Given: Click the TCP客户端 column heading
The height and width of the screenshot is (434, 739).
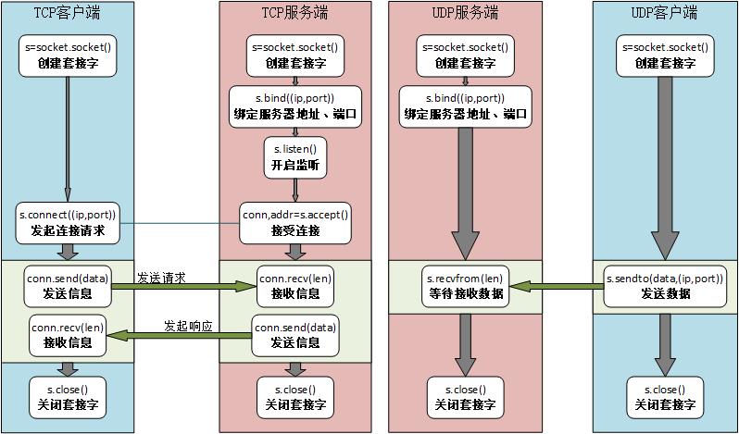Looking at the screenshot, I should (x=68, y=12).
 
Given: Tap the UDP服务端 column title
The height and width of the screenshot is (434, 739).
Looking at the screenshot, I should (x=467, y=12).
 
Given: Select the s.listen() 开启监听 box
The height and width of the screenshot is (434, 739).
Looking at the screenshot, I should (x=295, y=157).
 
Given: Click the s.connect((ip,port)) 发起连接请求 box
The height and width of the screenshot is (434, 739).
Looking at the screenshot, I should (x=68, y=222).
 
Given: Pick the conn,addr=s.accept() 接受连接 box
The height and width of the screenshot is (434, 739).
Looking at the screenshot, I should (x=295, y=222).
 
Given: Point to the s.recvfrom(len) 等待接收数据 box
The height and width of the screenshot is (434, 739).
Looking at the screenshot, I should (x=465, y=287).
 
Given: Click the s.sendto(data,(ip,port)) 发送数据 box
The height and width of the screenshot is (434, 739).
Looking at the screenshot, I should (x=664, y=287).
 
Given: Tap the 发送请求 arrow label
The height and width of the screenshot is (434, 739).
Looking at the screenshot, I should (x=161, y=277).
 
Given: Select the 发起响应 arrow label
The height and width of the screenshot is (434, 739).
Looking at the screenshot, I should (x=189, y=326).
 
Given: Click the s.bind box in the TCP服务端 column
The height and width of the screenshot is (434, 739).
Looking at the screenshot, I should (x=295, y=107).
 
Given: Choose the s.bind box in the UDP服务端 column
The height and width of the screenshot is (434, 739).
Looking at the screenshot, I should (x=466, y=107).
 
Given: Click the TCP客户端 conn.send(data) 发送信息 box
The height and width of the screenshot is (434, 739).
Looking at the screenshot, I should (x=68, y=287).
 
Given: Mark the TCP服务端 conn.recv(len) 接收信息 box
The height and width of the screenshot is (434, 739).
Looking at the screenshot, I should (x=295, y=287).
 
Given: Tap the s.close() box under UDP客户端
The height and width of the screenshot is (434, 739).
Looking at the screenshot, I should (x=664, y=397).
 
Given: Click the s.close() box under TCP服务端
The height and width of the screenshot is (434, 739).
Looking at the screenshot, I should (x=295, y=397).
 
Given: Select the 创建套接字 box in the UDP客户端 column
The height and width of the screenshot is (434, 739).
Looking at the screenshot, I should (x=664, y=56).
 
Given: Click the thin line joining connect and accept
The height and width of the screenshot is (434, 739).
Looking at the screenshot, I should (x=181, y=223).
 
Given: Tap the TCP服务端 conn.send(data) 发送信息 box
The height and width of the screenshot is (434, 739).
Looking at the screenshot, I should (x=295, y=335).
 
